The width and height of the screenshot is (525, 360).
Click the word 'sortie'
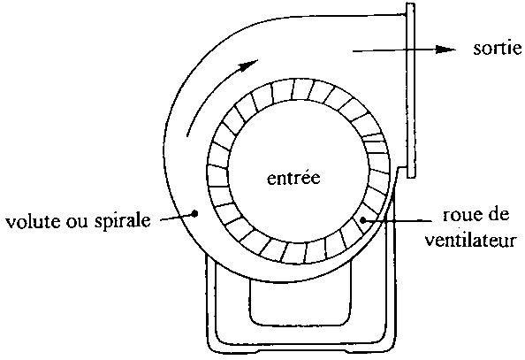coord(498,49)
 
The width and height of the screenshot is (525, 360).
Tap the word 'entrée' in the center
coord(293,178)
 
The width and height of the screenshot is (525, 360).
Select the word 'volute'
coord(34,221)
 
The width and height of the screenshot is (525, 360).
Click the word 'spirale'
coord(122,220)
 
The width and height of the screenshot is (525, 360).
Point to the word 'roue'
coord(461,215)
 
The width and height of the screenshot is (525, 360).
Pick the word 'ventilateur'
coord(471,240)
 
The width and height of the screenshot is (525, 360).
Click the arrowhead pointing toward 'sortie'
coord(445,50)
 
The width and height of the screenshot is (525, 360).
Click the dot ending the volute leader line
coord(195,213)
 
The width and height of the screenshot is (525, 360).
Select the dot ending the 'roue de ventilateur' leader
coord(363,220)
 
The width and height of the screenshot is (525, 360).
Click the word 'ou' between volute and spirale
coord(78,222)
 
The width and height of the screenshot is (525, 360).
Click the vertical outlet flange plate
coord(410,90)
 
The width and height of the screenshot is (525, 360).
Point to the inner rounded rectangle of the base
coord(301,323)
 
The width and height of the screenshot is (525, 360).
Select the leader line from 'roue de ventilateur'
coord(398,220)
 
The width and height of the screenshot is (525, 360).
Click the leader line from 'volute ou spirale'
coord(178,217)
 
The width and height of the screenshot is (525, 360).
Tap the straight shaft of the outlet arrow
coord(394,50)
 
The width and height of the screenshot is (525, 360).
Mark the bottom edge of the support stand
coord(301,351)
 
